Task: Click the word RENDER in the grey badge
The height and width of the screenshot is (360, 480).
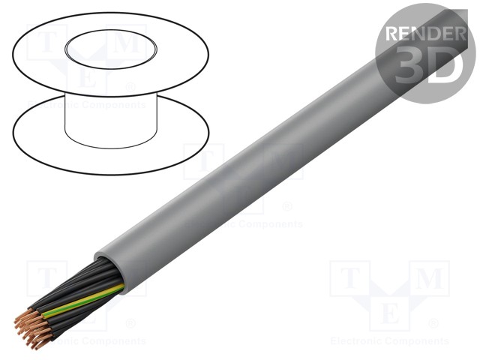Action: pos(424,33)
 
